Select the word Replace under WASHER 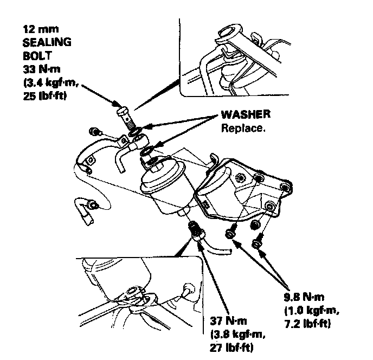tap(243, 128)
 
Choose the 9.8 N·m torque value tap(303, 297)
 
